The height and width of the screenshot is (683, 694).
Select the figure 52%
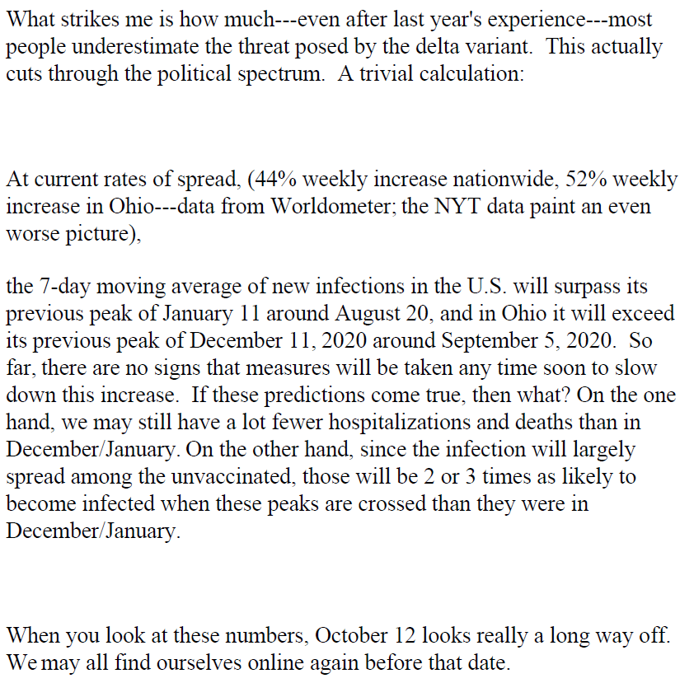pyautogui.click(x=560, y=179)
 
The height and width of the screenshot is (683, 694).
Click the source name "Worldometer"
pyautogui.click(x=325, y=206)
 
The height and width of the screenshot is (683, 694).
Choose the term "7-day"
pyautogui.click(x=63, y=287)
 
